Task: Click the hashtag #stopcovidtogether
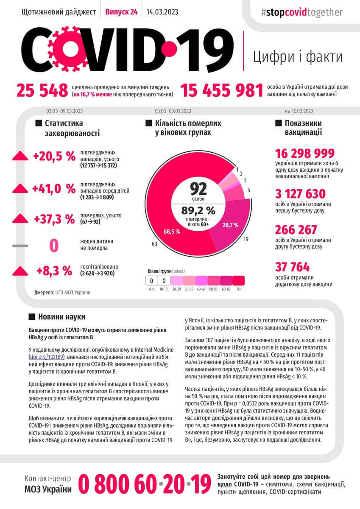(x=301, y=12)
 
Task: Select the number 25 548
(x=42, y=90)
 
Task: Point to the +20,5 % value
(x=54, y=157)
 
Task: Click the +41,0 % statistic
(x=54, y=188)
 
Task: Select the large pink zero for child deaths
(x=54, y=245)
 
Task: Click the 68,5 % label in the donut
(x=172, y=232)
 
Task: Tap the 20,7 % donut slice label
(x=230, y=225)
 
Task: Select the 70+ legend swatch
(x=239, y=280)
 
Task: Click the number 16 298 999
(x=305, y=154)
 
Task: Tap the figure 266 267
(x=296, y=230)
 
